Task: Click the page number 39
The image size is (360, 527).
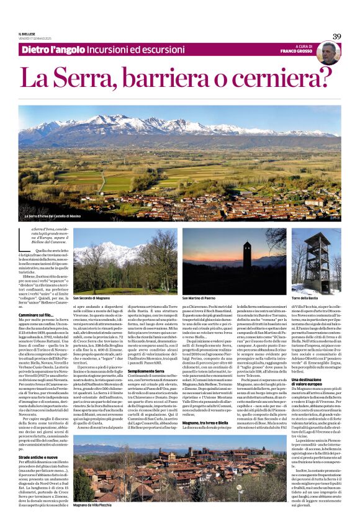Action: (x=336, y=36)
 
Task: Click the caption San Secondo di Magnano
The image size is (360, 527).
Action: (x=92, y=298)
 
